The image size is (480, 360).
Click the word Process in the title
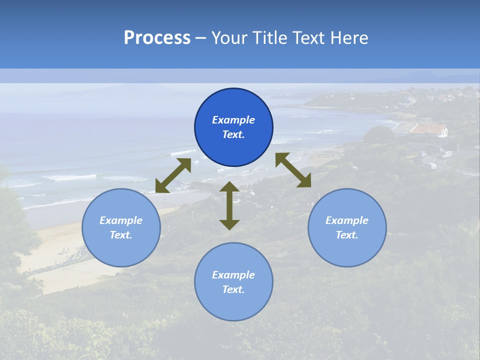coord(157,38)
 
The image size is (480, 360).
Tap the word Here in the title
coord(348,38)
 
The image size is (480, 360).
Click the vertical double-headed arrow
coord(229,205)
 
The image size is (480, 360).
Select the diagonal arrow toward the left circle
coord(173,175)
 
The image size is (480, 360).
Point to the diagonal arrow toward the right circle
coord(293,170)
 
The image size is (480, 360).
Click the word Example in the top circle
coord(233,120)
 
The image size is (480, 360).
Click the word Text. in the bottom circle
coord(233,289)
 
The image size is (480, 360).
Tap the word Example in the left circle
coord(121,220)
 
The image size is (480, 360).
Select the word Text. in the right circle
coord(347,235)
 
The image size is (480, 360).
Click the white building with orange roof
coord(430,130)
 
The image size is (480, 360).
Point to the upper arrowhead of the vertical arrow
coord(229,187)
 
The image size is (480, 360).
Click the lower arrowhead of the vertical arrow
coord(229,224)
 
